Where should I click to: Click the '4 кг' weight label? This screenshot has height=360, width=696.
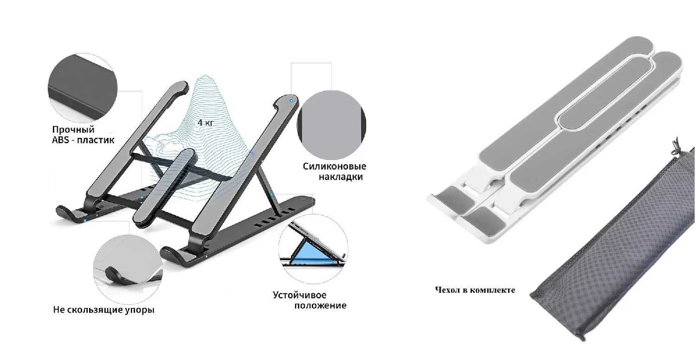[206, 123]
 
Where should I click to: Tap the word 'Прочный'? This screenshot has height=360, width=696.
[73, 129]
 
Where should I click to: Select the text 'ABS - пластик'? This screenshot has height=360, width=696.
[83, 139]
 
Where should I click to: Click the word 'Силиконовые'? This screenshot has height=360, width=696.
[335, 167]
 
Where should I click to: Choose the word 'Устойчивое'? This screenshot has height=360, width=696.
[299, 295]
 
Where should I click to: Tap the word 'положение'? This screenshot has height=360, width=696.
[321, 305]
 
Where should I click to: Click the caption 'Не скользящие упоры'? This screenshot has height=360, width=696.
[103, 309]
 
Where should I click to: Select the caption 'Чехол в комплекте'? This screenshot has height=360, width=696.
[475, 290]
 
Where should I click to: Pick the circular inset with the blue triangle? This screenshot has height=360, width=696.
[313, 245]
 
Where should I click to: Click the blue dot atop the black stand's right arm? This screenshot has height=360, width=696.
[291, 100]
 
